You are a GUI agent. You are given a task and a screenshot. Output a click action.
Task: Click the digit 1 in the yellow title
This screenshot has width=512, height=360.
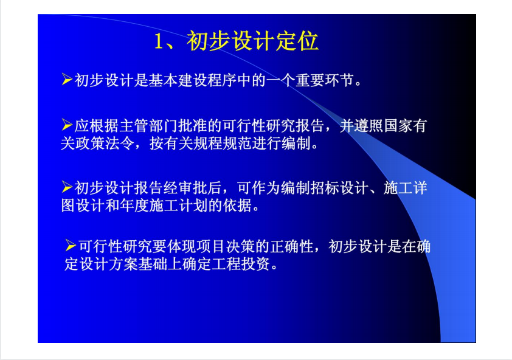pyautogui.click(x=158, y=41)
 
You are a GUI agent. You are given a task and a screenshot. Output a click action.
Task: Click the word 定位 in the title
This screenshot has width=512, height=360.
pyautogui.click(x=297, y=41)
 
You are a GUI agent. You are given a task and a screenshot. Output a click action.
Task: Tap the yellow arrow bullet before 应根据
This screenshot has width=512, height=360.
pyautogui.click(x=67, y=125)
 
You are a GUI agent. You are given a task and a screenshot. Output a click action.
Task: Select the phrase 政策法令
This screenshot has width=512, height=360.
pyautogui.click(x=105, y=143)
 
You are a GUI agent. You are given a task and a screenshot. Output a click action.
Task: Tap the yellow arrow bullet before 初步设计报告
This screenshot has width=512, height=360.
pyautogui.click(x=67, y=187)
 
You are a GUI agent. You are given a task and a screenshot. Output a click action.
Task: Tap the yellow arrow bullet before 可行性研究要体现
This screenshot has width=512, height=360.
pyautogui.click(x=71, y=245)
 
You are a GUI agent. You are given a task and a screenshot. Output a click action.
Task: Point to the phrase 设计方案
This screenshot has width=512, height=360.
pyautogui.click(x=108, y=264)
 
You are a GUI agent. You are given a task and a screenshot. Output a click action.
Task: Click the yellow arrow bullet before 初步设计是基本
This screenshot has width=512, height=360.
pyautogui.click(x=67, y=80)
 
